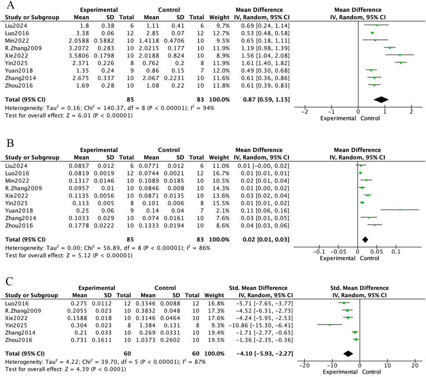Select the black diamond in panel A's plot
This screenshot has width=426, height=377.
(381, 99)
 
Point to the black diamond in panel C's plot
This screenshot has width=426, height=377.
(348, 353)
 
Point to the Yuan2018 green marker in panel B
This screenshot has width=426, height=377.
(400, 210)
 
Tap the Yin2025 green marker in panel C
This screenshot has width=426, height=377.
(330, 325)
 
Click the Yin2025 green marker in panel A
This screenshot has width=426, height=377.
(401, 62)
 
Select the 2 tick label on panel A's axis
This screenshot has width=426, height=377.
(411, 112)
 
